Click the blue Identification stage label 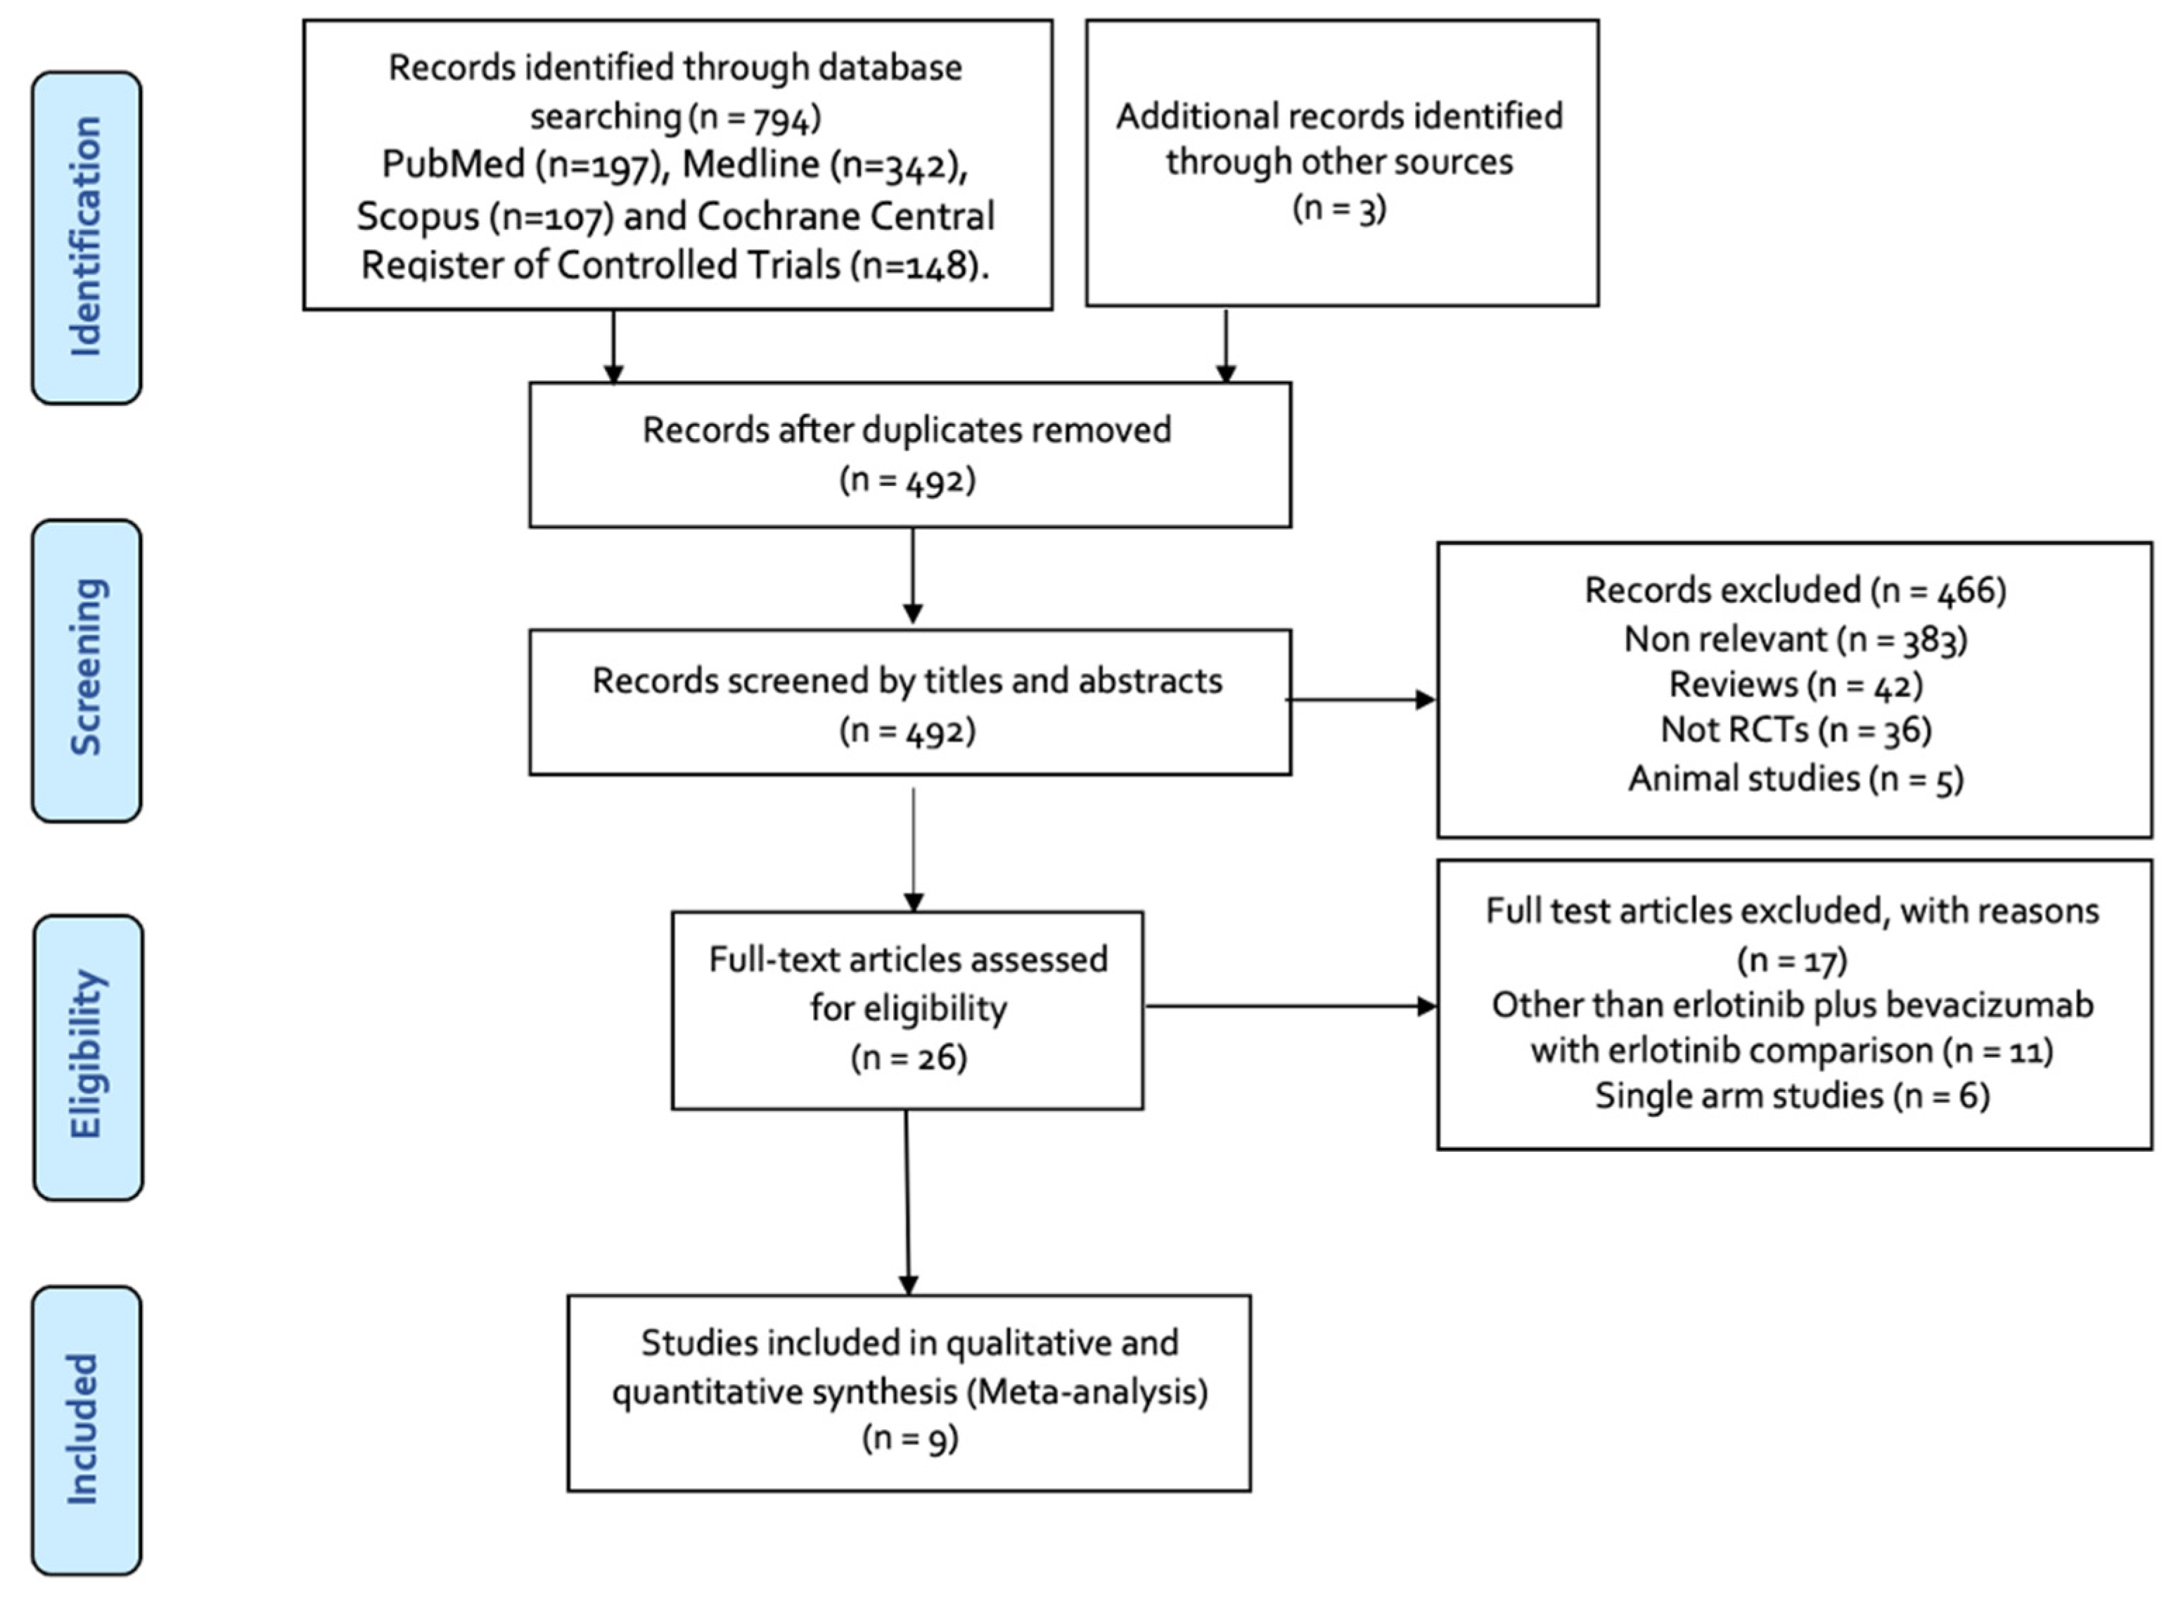[x=87, y=238]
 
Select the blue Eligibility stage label [x=87, y=1057]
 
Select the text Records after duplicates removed [x=907, y=430]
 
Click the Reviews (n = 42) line [x=1795, y=685]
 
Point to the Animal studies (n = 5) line [x=1795, y=778]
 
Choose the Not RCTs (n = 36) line [x=1795, y=730]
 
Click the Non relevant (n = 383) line [x=1795, y=639]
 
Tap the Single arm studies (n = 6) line [x=1792, y=1096]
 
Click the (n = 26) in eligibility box [x=909, y=1057]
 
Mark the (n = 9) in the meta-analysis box [x=909, y=1438]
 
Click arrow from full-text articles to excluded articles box [x=1290, y=1006]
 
